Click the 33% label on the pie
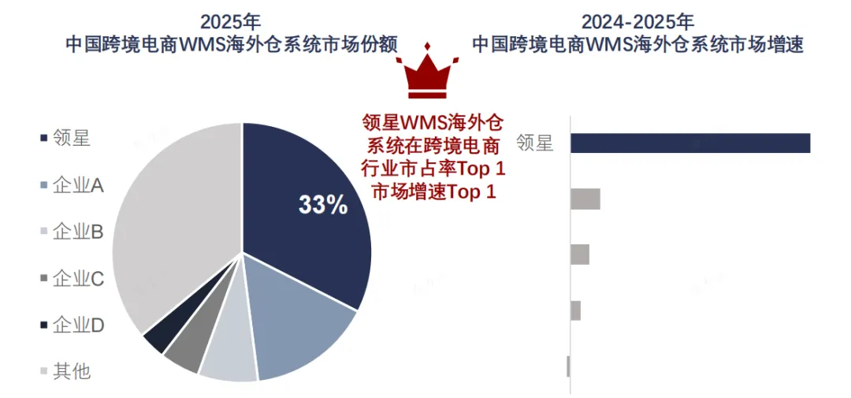[323, 205]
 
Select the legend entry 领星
[65, 139]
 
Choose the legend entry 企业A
[72, 186]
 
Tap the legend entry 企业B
[72, 232]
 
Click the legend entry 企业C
[72, 279]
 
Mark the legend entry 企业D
[72, 325]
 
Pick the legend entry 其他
[65, 372]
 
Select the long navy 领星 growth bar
[690, 143]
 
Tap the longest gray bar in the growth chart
[585, 199]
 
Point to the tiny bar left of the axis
[568, 366]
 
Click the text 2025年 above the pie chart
[231, 22]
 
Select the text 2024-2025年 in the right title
[638, 22]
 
